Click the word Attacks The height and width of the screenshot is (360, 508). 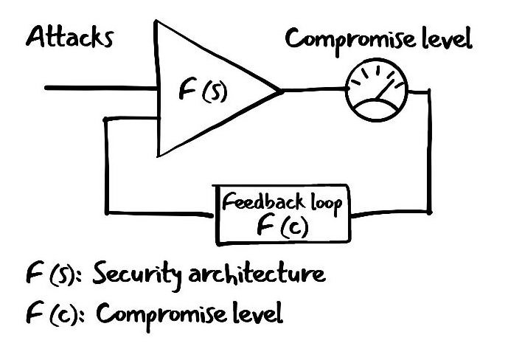pos(70,37)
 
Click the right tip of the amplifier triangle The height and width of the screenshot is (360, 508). pos(280,91)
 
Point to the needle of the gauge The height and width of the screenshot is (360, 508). pos(389,93)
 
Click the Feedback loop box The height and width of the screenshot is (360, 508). pos(283,214)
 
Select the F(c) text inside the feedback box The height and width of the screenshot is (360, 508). pos(282,226)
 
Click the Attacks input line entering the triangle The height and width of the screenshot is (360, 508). pos(103,89)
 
